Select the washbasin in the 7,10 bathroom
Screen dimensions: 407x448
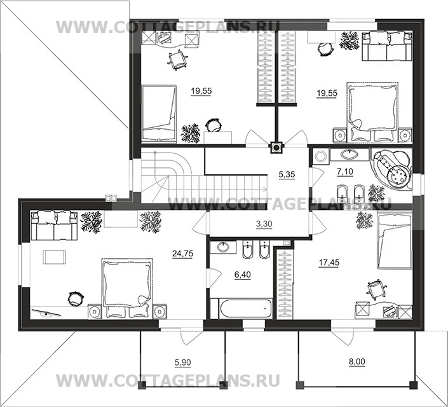pos(349,154)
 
